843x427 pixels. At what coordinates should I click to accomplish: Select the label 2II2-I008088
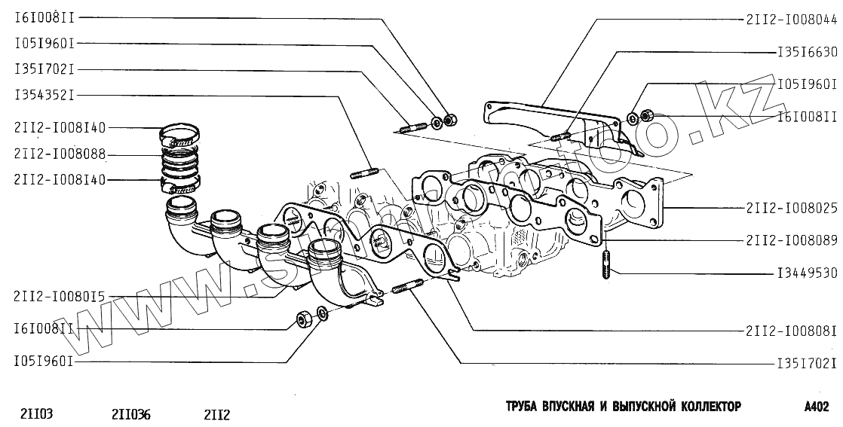tap(59, 154)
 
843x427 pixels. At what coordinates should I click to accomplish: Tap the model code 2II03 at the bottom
tap(36, 413)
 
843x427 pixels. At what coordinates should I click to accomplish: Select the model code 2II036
tap(130, 413)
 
